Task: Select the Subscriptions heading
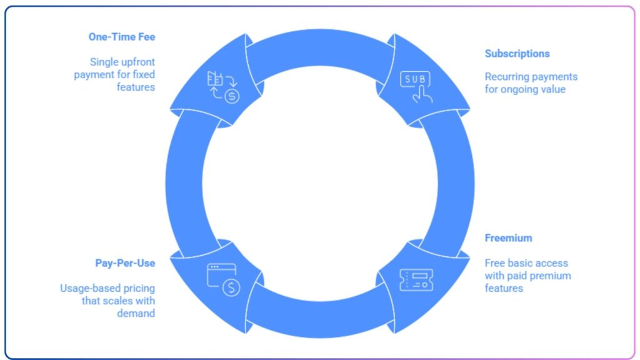(517, 54)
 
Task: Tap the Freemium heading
(508, 238)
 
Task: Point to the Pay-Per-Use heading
(125, 263)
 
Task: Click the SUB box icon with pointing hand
(416, 86)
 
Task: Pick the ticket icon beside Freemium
(416, 280)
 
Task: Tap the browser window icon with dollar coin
(223, 278)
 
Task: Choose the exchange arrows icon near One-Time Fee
(222, 86)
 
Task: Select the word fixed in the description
(142, 75)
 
